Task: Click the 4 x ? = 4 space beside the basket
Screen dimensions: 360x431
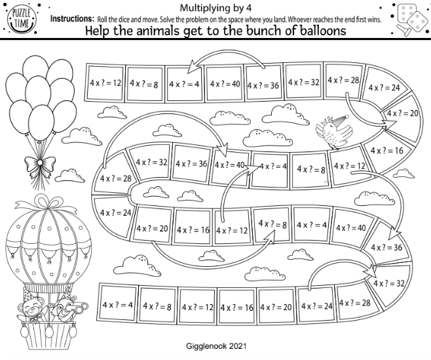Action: (118, 306)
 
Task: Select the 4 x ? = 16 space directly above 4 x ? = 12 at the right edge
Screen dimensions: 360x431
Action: (386, 150)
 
